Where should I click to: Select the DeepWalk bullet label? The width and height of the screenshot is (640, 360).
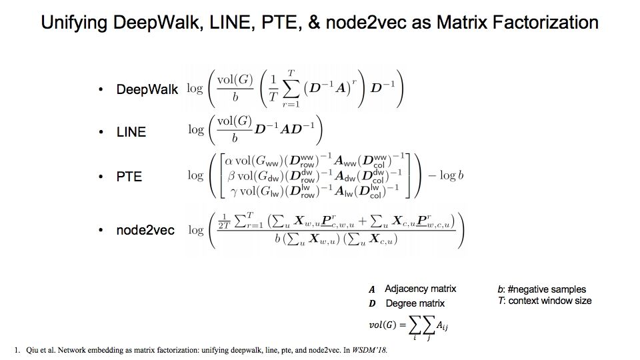[x=147, y=89]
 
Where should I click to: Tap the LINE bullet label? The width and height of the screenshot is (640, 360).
[x=131, y=132]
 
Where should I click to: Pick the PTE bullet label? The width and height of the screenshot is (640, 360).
[x=129, y=177]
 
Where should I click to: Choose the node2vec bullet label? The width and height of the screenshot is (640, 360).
[x=145, y=230]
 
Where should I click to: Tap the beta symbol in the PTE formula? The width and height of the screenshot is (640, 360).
[x=231, y=176]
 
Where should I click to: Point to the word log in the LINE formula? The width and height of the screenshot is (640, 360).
[x=195, y=130]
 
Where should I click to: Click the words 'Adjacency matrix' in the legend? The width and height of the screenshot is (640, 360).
[x=420, y=289]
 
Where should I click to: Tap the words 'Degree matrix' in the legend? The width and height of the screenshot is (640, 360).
[x=414, y=303]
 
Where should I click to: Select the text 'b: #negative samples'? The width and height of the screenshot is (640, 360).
[x=541, y=289]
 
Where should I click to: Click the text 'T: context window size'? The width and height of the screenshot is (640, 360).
[x=544, y=301]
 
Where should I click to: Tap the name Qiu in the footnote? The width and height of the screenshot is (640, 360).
[x=34, y=349]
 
